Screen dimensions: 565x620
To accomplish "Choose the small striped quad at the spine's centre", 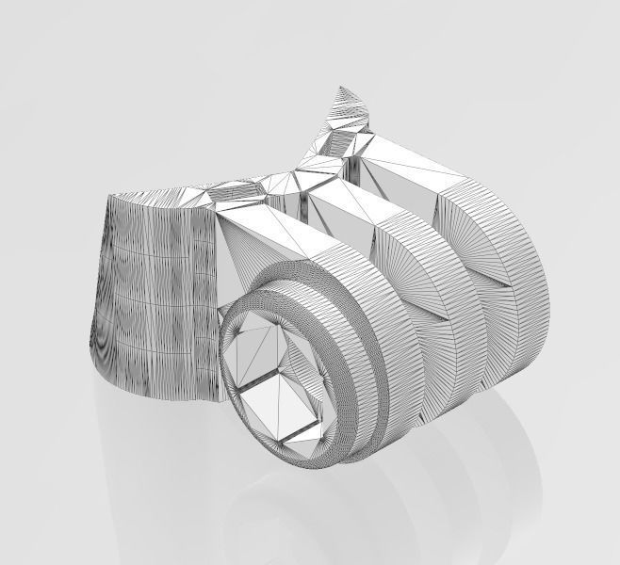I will point(237,188).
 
